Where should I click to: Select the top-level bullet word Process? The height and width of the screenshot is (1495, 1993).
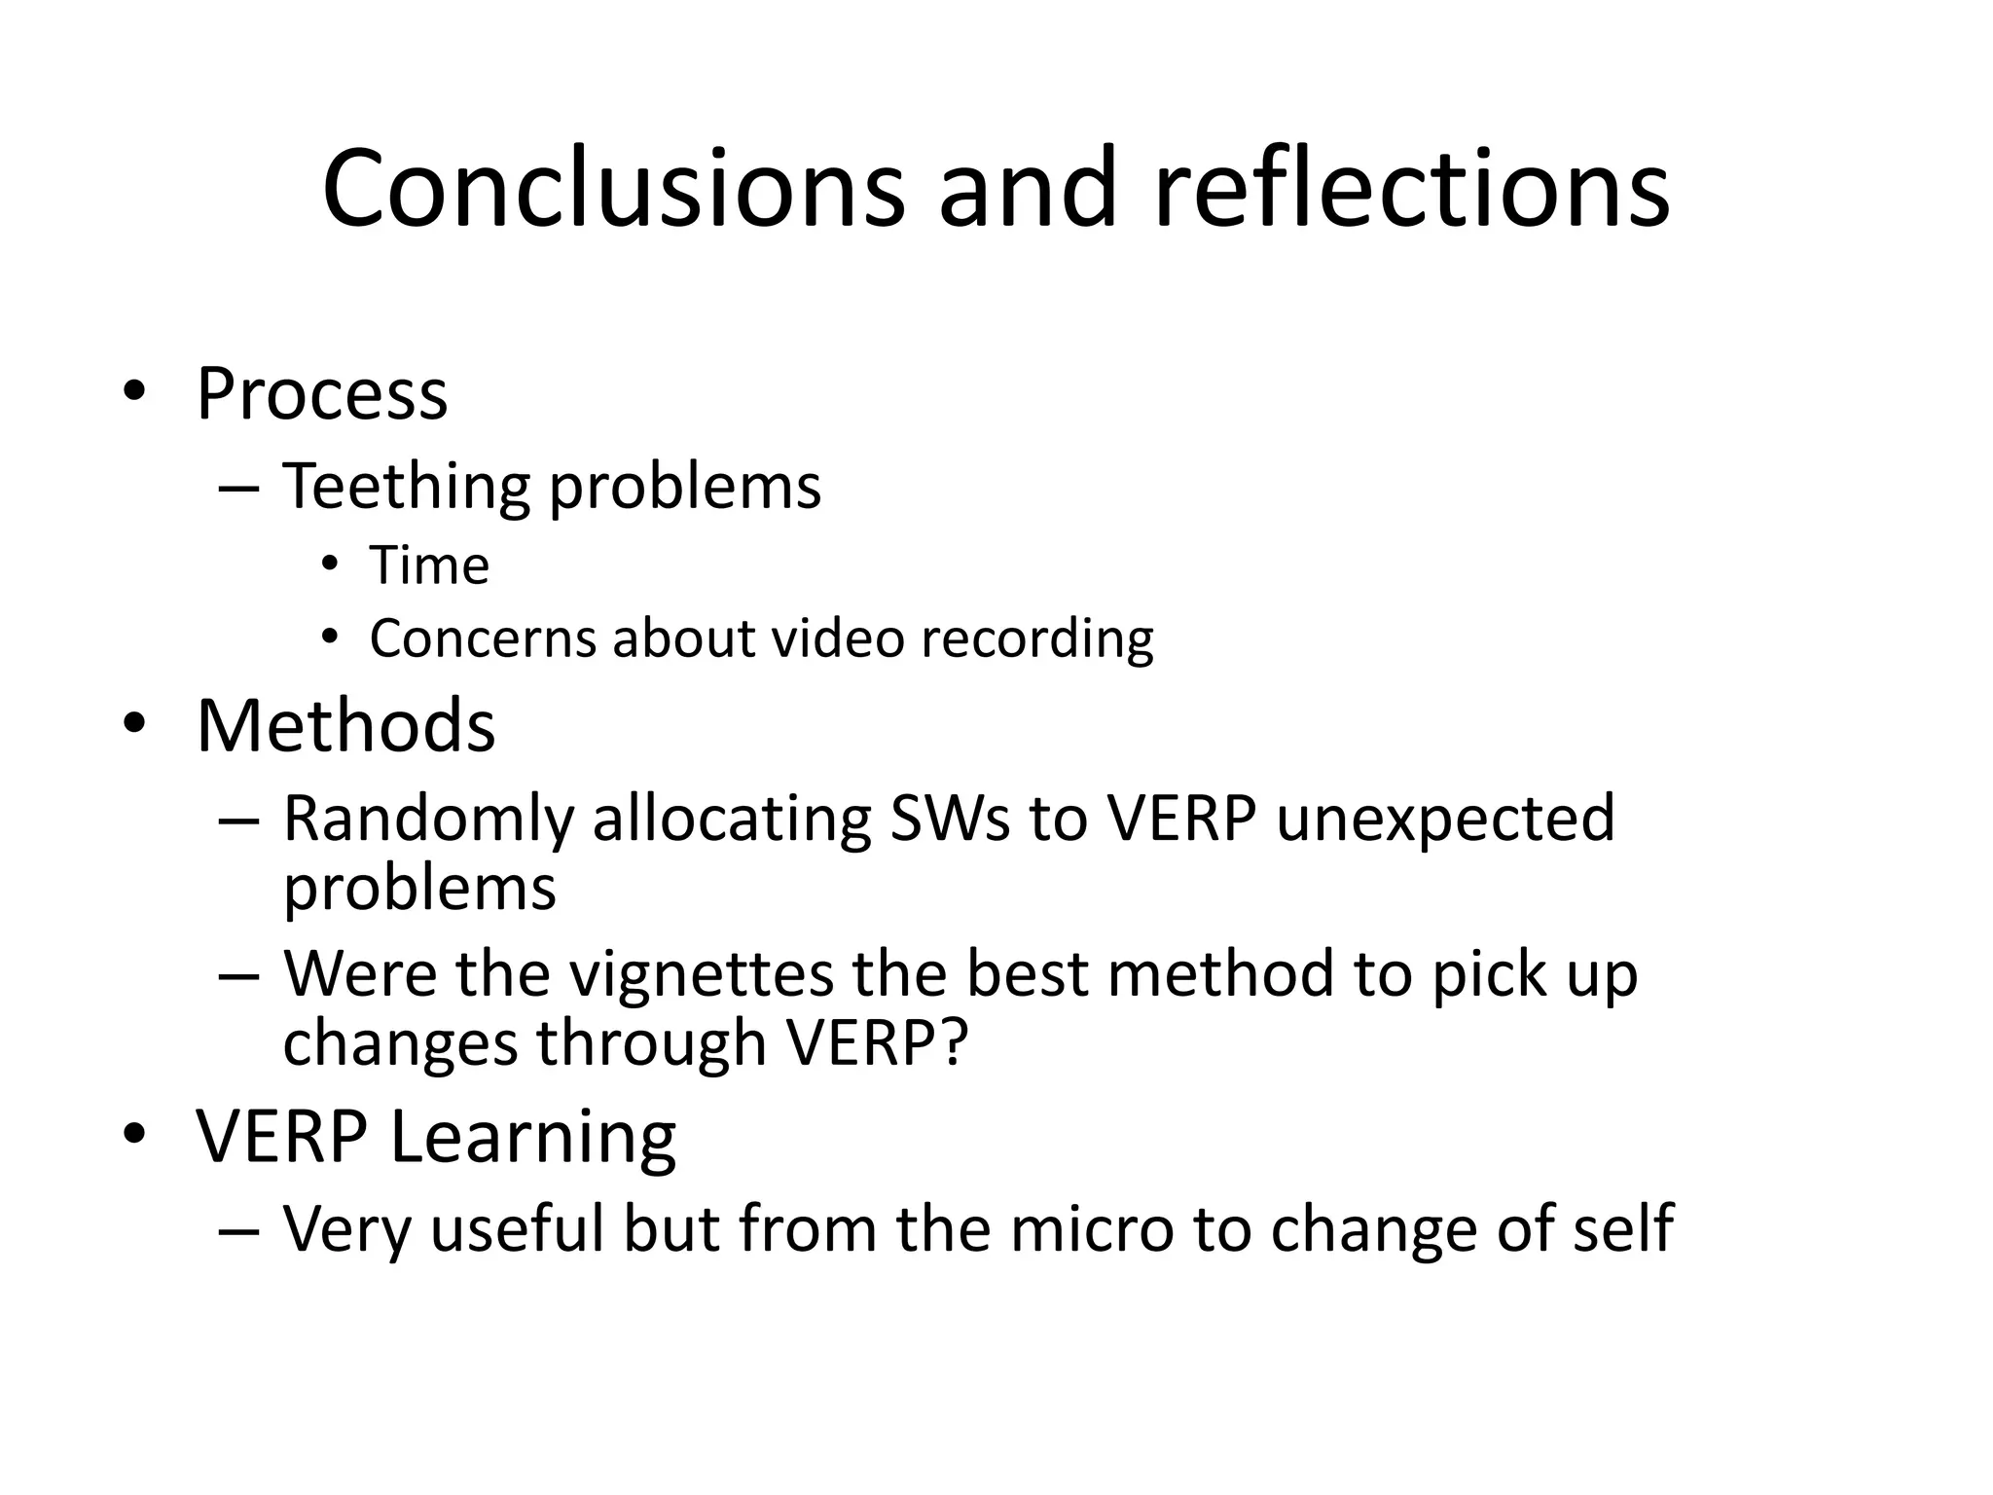[322, 394]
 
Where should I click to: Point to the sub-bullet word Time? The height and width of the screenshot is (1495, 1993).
[429, 565]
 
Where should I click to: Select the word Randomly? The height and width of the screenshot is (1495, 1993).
[427, 820]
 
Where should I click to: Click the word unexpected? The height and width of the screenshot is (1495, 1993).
[1445, 820]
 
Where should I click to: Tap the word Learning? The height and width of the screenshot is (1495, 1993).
[532, 1137]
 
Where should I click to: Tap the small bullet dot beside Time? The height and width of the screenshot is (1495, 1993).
[331, 565]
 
